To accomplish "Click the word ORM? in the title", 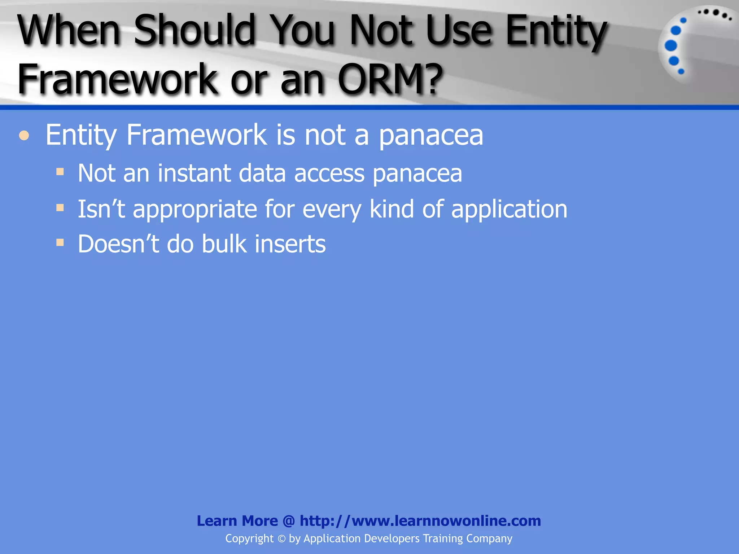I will tap(390, 79).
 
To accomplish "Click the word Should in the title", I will tap(195, 30).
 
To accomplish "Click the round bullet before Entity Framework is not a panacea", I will tap(24, 136).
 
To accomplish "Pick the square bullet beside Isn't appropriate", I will tap(60, 207).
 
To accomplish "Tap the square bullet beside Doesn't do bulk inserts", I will tap(60, 242).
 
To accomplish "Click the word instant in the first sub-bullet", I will tap(193, 173).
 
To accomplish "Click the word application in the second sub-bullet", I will tap(509, 209).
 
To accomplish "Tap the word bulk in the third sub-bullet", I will tap(224, 244).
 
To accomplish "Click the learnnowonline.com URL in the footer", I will tap(420, 521).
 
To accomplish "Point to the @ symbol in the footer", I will tap(289, 521).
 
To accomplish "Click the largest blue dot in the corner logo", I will tap(671, 45).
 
